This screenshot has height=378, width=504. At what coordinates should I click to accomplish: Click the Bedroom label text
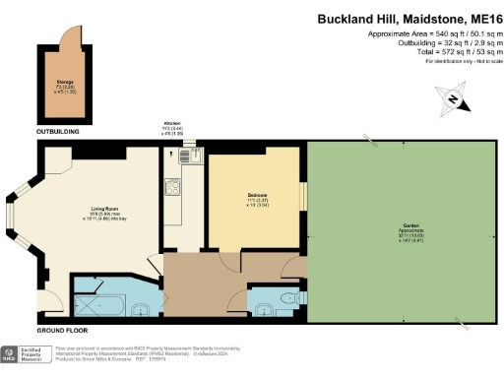pyautogui.click(x=259, y=196)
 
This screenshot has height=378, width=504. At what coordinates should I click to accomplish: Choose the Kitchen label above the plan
pyautogui.click(x=173, y=125)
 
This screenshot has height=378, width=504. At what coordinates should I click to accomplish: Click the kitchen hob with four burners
pyautogui.click(x=171, y=184)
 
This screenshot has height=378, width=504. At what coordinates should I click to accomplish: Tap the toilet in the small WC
pyautogui.click(x=286, y=296)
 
